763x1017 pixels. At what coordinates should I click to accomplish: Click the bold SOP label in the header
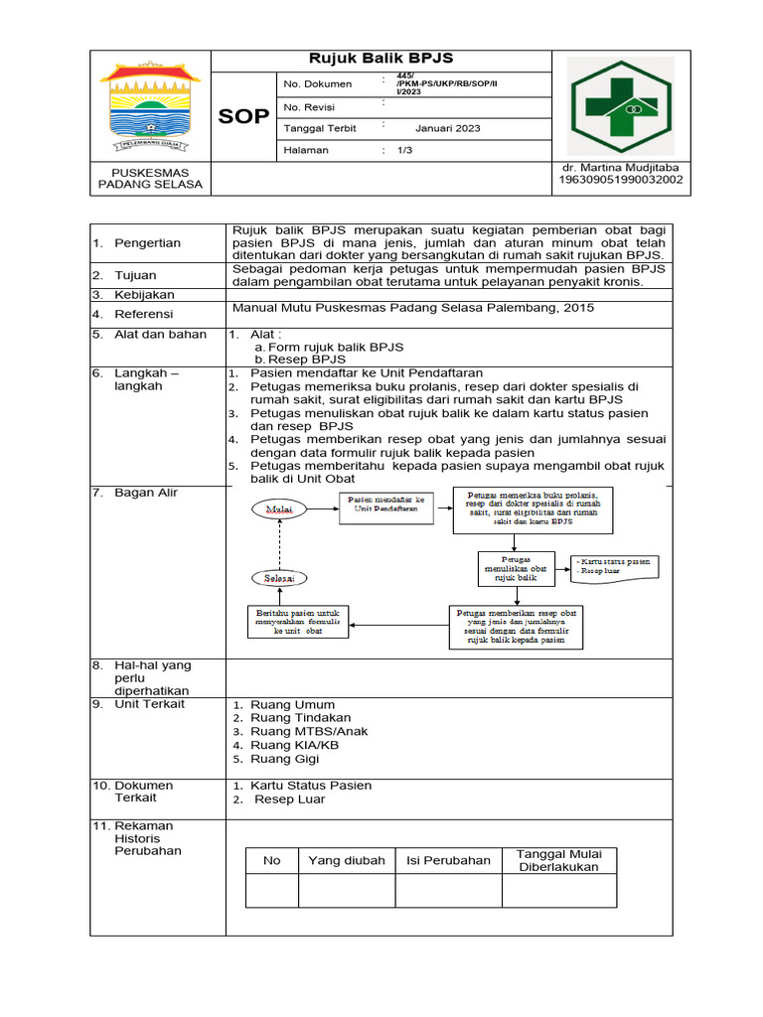(243, 116)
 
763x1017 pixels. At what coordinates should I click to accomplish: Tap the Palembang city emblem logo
(152, 105)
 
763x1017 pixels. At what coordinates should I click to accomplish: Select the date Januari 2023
(447, 128)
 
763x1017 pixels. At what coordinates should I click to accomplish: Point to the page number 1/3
(404, 151)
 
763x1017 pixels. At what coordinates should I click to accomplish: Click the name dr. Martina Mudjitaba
(620, 167)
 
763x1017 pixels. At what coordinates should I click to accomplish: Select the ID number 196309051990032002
(620, 181)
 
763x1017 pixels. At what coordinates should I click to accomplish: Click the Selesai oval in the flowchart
(279, 577)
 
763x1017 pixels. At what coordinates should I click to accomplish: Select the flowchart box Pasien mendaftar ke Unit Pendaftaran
(385, 505)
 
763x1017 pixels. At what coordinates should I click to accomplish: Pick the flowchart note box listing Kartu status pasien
(615, 566)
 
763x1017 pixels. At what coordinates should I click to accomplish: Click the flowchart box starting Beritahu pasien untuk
(297, 623)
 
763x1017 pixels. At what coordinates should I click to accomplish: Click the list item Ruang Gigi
(285, 758)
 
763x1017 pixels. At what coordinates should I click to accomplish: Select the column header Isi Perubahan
(448, 860)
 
